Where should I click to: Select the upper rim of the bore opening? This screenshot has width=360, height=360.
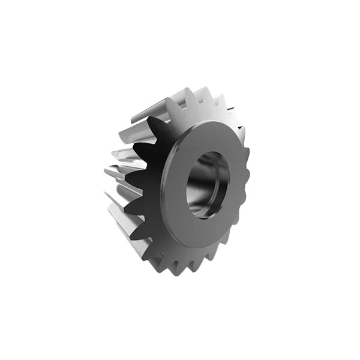pyautogui.click(x=213, y=153)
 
